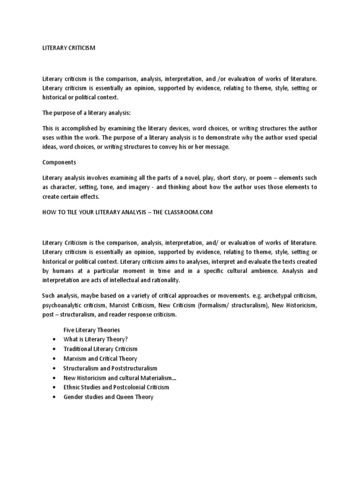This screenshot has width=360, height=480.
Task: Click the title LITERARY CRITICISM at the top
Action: (68, 49)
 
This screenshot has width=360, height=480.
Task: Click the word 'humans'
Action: (62, 270)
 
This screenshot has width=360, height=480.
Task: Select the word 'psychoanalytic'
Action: (62, 305)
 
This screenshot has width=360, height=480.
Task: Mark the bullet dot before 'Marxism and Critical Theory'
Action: (55, 359)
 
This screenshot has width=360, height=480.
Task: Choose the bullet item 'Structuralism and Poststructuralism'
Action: (110, 368)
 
